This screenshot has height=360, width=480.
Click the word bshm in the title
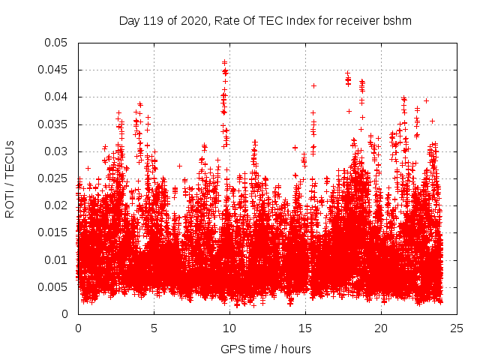(x=397, y=20)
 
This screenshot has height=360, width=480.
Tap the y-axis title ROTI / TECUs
(x=10, y=178)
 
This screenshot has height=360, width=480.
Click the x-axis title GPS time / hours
(x=265, y=349)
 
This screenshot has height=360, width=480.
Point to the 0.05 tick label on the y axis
(x=56, y=43)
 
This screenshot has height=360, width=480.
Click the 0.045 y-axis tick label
(x=53, y=70)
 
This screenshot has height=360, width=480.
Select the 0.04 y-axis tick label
(x=56, y=97)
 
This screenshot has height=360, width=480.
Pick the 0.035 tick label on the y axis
(x=53, y=124)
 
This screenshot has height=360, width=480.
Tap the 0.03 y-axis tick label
(x=56, y=151)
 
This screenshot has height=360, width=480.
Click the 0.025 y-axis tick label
(x=53, y=178)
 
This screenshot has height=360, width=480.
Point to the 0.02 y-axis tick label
(x=56, y=205)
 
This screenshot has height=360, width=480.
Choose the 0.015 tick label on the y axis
(x=53, y=232)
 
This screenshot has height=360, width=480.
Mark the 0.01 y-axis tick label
(x=56, y=260)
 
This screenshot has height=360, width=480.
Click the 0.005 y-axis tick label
(x=53, y=287)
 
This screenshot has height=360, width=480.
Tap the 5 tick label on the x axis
(x=154, y=328)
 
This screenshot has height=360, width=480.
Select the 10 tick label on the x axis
(x=229, y=328)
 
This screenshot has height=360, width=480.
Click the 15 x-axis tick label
(x=305, y=328)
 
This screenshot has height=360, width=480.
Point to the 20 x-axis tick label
(x=381, y=328)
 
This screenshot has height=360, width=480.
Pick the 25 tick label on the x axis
(x=457, y=328)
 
